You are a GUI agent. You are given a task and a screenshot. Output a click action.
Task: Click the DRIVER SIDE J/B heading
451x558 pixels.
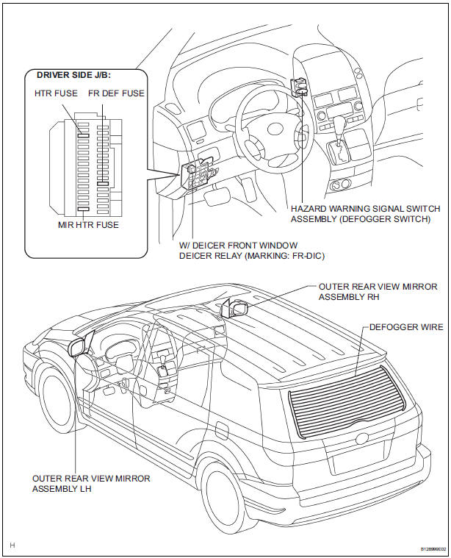[74, 76]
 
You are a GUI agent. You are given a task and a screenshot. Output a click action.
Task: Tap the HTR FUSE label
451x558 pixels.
[56, 93]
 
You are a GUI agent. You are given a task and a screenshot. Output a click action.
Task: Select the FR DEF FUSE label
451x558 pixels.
[116, 93]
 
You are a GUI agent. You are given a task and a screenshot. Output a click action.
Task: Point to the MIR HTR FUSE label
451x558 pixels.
[88, 225]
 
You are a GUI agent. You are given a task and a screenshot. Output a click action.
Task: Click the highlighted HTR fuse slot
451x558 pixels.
[83, 135]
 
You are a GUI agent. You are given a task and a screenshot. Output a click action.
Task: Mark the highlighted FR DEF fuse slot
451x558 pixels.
[103, 184]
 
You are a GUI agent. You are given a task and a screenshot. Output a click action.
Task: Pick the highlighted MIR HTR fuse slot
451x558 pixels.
[83, 210]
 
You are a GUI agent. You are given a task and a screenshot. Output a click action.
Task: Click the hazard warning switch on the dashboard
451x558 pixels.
[300, 87]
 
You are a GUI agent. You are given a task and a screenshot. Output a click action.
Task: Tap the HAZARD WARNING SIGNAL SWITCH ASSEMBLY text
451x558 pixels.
[365, 213]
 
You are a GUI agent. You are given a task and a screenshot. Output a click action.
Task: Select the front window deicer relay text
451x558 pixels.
[252, 251]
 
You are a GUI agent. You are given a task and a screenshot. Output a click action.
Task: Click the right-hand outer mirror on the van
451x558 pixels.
[234, 308]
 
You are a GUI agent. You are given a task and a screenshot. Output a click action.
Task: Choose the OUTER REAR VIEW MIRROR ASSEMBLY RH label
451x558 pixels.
[378, 292]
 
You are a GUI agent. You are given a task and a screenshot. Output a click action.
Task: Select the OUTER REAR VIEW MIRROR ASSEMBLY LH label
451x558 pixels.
[91, 484]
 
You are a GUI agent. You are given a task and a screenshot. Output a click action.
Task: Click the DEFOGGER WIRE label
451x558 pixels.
[406, 327]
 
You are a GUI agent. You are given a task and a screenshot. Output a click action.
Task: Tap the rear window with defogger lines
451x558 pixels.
[347, 401]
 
